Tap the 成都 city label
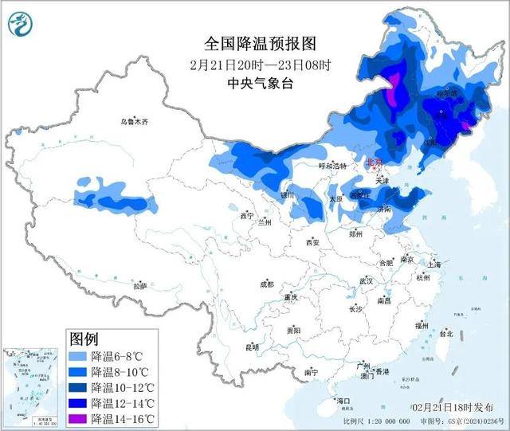point(265,284)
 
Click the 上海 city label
point(433,264)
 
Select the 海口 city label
point(343,400)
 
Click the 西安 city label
point(311,242)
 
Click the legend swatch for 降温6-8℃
point(78,356)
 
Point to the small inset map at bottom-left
point(33,385)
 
